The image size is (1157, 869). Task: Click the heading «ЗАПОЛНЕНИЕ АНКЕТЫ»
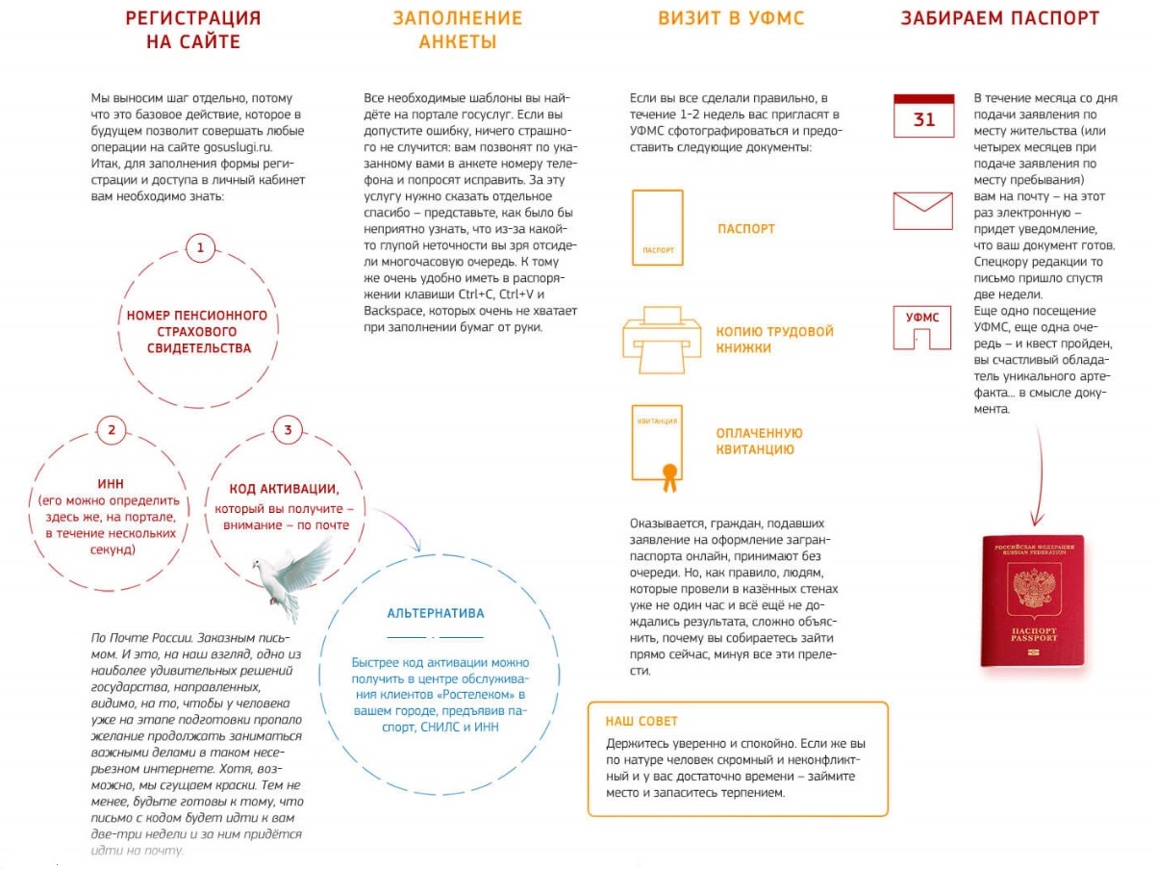point(457,30)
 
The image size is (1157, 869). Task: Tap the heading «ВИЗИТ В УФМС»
point(731,18)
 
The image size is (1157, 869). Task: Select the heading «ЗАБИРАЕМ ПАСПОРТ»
point(999,18)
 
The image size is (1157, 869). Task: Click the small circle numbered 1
point(200,248)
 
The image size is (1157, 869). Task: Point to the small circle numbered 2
point(111,430)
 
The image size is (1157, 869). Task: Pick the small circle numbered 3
point(287,430)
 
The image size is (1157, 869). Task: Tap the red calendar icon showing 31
point(923,116)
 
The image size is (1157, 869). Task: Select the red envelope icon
point(922,210)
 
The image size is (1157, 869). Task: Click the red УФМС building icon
point(922,328)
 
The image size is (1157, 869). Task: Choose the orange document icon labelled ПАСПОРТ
point(658,227)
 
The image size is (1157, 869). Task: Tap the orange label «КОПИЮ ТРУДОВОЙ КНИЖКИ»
point(774,340)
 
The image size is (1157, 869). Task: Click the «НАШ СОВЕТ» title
point(641,721)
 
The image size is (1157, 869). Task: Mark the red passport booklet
point(1032,601)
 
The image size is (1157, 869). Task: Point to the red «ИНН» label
point(111,483)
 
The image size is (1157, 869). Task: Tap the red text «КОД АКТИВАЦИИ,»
point(284,489)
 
